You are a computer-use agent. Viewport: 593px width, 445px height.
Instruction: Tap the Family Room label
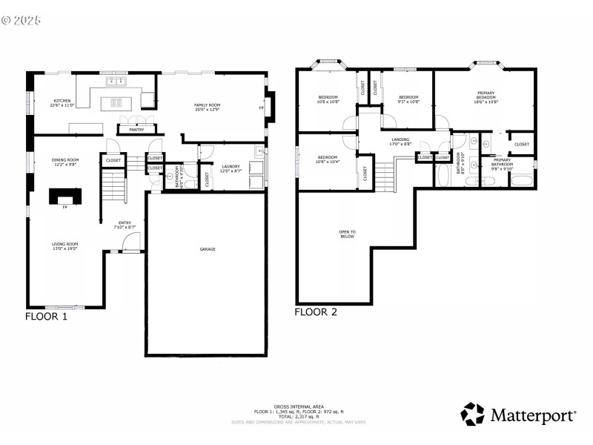pyautogui.click(x=208, y=108)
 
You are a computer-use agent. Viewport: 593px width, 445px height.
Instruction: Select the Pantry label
pyautogui.click(x=136, y=130)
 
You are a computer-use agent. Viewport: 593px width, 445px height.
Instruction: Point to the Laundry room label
pyautogui.click(x=231, y=168)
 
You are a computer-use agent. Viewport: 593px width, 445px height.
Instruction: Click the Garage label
pyautogui.click(x=208, y=249)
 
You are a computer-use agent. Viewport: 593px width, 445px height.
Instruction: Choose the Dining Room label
pyautogui.click(x=65, y=162)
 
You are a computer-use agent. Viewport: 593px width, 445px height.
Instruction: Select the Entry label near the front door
pyautogui.click(x=125, y=225)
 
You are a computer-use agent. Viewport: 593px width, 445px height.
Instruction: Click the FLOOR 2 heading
pyautogui.click(x=316, y=312)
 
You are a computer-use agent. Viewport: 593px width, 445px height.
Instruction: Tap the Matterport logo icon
pyautogui.click(x=473, y=414)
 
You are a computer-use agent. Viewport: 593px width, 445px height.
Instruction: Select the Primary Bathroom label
pyautogui.click(x=502, y=165)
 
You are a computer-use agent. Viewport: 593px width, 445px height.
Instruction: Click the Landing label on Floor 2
pyautogui.click(x=400, y=141)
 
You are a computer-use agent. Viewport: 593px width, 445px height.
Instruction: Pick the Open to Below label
pyautogui.click(x=347, y=234)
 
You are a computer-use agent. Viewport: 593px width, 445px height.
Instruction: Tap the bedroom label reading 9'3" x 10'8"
pyautogui.click(x=408, y=99)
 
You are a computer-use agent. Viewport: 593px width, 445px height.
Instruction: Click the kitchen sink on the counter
pyautogui.click(x=116, y=81)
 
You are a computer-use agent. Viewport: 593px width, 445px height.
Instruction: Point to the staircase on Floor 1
pyautogui.click(x=113, y=185)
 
